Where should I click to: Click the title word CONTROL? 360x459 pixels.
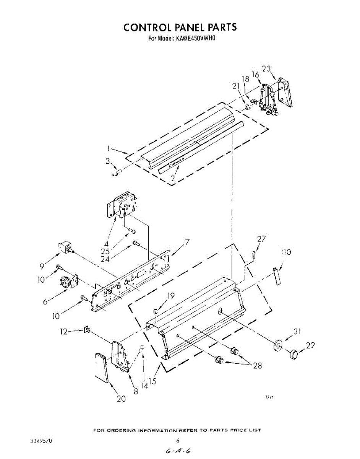pos(147,27)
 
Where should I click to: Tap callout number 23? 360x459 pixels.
pos(266,69)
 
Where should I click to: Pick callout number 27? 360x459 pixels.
pos(261,239)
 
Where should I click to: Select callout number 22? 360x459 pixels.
pos(311,345)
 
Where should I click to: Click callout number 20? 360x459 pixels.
pos(121,399)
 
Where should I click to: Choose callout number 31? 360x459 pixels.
pos(297,332)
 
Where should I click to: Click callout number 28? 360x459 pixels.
pos(258,366)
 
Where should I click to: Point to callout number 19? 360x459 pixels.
pos(170,296)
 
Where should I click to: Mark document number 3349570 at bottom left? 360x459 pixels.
pos(41,441)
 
